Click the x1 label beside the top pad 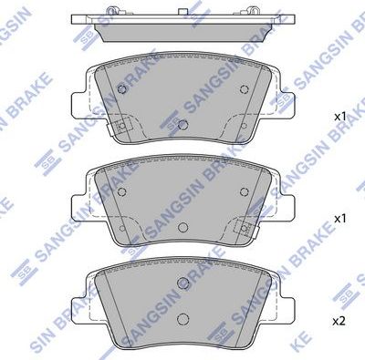(x=339, y=117)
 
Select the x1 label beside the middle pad (x=339, y=219)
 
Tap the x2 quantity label (x=339, y=322)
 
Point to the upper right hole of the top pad (x=242, y=88)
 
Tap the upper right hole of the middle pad (x=242, y=190)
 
